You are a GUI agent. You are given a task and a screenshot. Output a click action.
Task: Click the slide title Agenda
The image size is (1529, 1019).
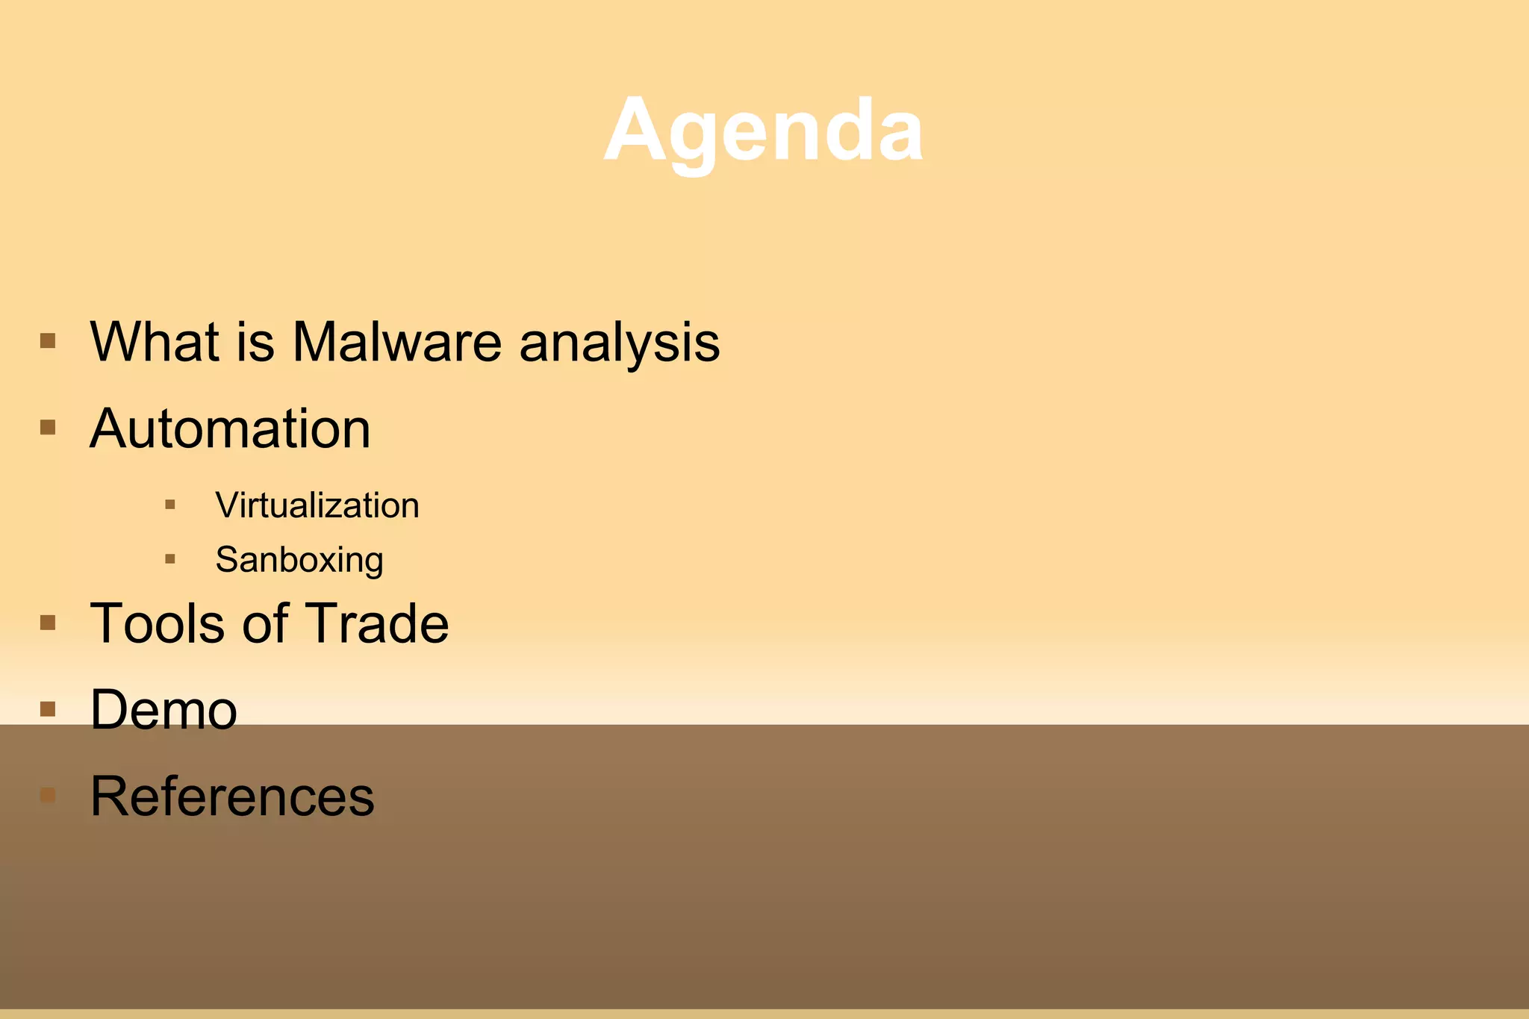(763, 131)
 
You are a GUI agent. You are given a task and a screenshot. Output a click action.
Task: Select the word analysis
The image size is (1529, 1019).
(619, 343)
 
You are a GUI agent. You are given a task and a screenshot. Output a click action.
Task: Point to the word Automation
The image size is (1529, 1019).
(230, 429)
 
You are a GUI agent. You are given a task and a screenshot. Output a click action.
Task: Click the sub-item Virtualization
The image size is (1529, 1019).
(317, 505)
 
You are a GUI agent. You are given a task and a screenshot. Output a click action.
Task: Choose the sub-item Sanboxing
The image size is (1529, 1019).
(299, 560)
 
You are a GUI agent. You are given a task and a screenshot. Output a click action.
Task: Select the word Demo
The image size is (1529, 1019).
(164, 709)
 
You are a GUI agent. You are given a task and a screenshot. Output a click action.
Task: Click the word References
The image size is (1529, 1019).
(231, 797)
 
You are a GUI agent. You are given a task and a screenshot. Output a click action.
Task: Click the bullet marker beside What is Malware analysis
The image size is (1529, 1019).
(48, 341)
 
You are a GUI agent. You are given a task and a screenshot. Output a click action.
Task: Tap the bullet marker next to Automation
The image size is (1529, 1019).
(48, 428)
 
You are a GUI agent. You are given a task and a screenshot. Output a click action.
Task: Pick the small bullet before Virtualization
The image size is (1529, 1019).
(170, 505)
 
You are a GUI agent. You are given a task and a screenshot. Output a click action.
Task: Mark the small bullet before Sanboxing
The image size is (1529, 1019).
(170, 558)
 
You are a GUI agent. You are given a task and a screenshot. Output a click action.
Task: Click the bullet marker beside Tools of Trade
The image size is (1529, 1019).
(48, 623)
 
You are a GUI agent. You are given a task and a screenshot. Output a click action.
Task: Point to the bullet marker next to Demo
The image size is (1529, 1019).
(48, 708)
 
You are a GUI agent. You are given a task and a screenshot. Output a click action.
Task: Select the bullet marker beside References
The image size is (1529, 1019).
(48, 795)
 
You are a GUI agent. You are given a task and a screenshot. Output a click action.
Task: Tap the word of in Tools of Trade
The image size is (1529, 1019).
(265, 623)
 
